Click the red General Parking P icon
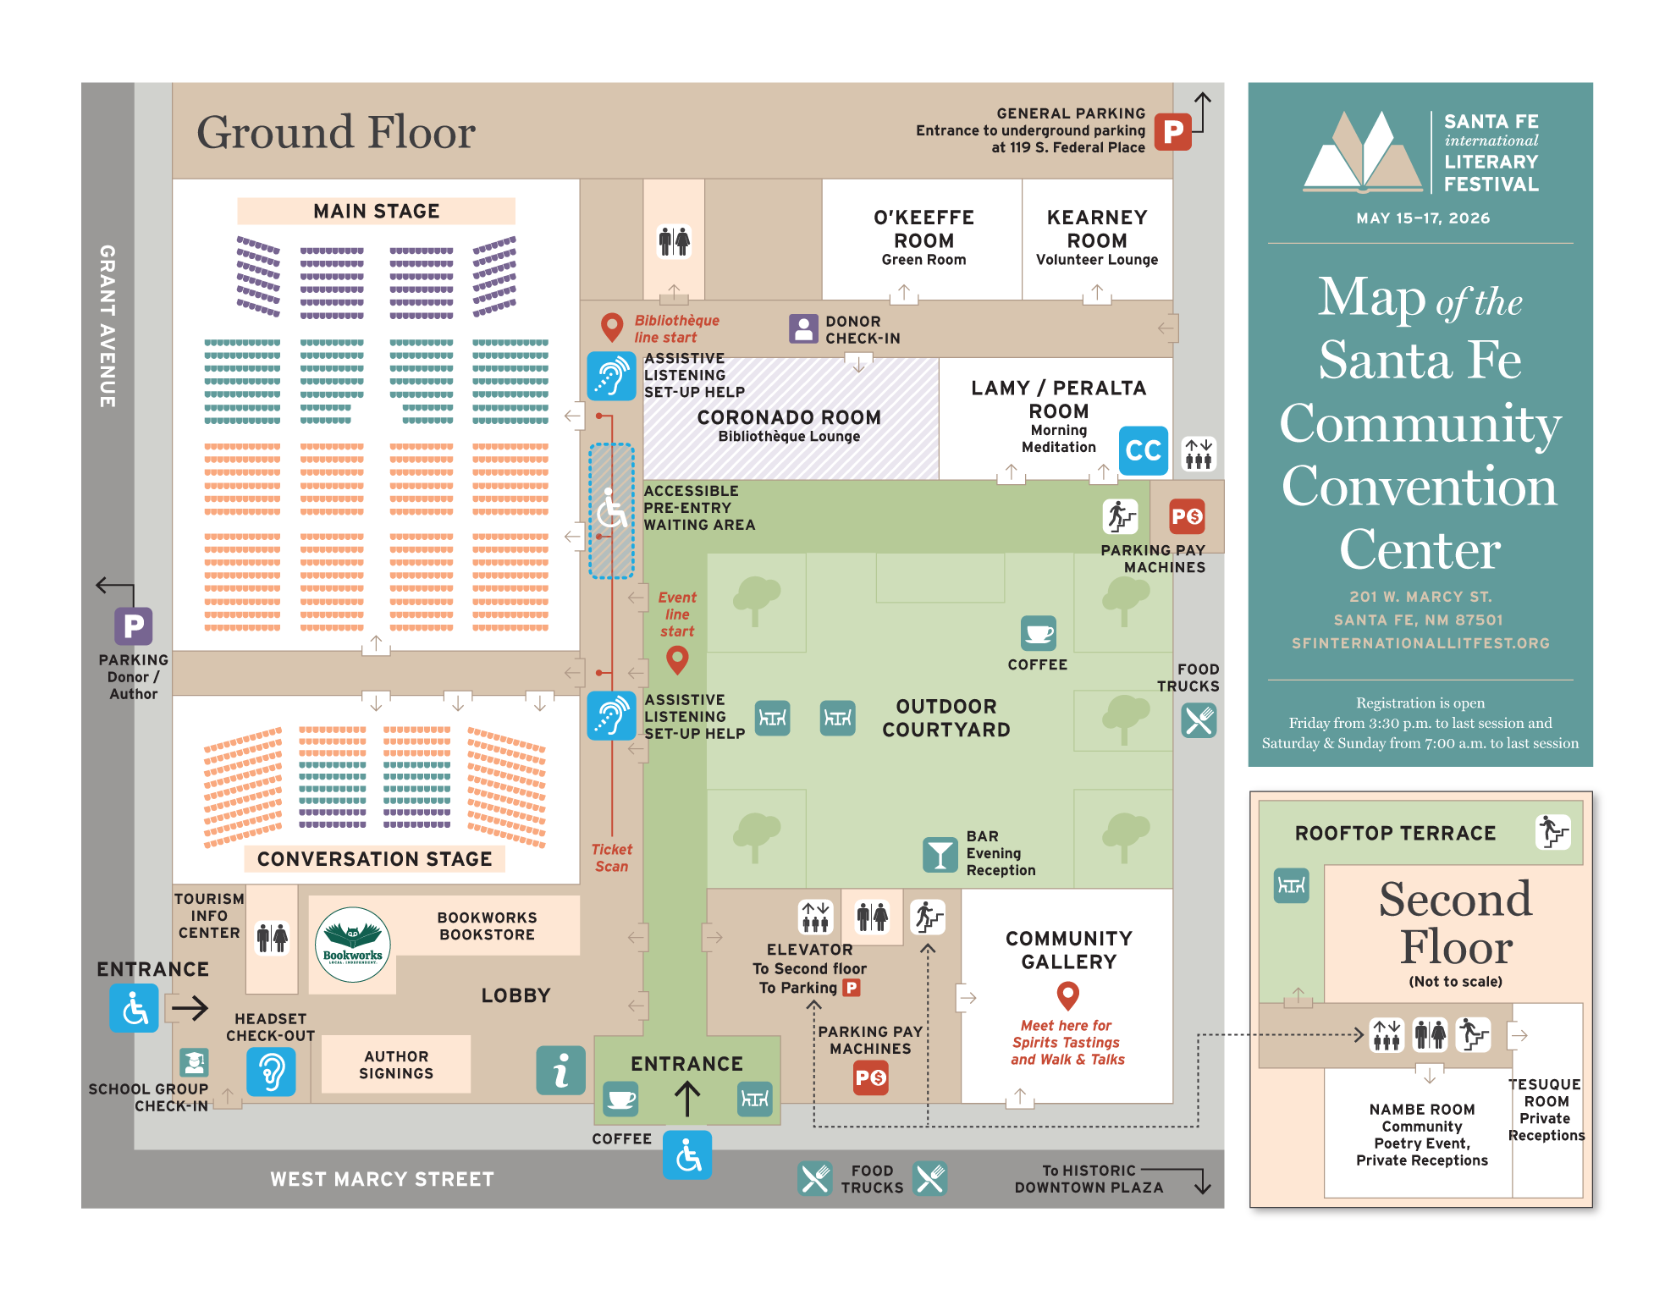coord(1172,131)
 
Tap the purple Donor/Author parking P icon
coord(134,626)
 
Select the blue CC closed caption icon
coord(1143,450)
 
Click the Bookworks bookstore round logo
coord(352,945)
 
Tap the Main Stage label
coord(376,211)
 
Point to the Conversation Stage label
coord(374,859)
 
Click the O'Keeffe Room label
coord(923,229)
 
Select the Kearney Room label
coord(1097,229)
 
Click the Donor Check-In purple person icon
coord(803,328)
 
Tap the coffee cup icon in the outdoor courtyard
coord(1039,633)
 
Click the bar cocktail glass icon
coord(940,855)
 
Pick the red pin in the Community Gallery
coord(1068,995)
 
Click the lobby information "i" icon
coord(560,1071)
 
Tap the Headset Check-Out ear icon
coord(271,1072)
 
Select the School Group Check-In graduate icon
coord(194,1062)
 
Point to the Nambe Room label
coord(1422,1110)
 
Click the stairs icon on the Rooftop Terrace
coord(1553,831)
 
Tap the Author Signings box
coord(396,1065)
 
